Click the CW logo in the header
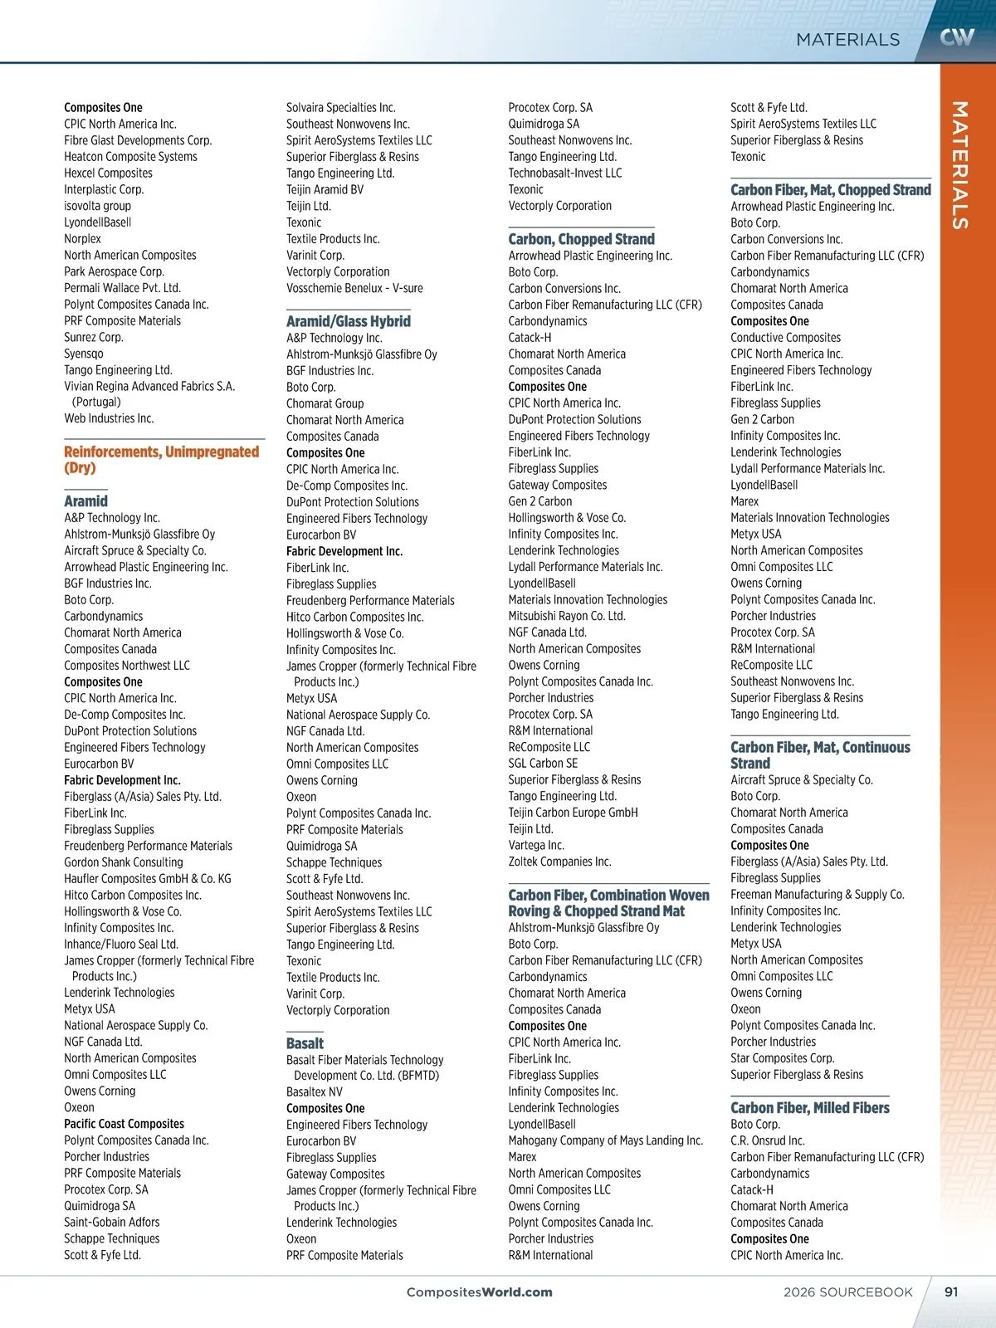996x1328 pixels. (x=957, y=37)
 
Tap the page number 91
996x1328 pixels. (x=951, y=1291)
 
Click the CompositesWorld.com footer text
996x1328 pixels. (x=479, y=1291)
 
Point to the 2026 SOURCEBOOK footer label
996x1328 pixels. (x=847, y=1291)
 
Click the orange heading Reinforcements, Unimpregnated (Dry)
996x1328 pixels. (x=161, y=459)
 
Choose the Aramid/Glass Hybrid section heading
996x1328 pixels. (x=348, y=321)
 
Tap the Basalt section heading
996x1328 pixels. (x=305, y=1043)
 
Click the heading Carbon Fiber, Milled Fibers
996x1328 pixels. (x=809, y=1107)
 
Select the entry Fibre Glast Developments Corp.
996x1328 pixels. (x=138, y=140)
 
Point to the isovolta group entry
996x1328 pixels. (x=97, y=206)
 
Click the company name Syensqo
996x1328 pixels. (x=84, y=354)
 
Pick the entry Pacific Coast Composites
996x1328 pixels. (x=124, y=1124)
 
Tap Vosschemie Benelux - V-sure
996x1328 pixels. (x=354, y=288)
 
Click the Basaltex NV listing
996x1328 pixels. (x=314, y=1091)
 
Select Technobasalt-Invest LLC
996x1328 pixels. (x=564, y=173)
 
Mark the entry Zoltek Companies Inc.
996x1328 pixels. (x=559, y=862)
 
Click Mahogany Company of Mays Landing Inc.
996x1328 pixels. (x=605, y=1140)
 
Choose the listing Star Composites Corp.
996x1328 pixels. (x=782, y=1058)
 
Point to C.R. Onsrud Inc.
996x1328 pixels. (x=767, y=1140)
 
